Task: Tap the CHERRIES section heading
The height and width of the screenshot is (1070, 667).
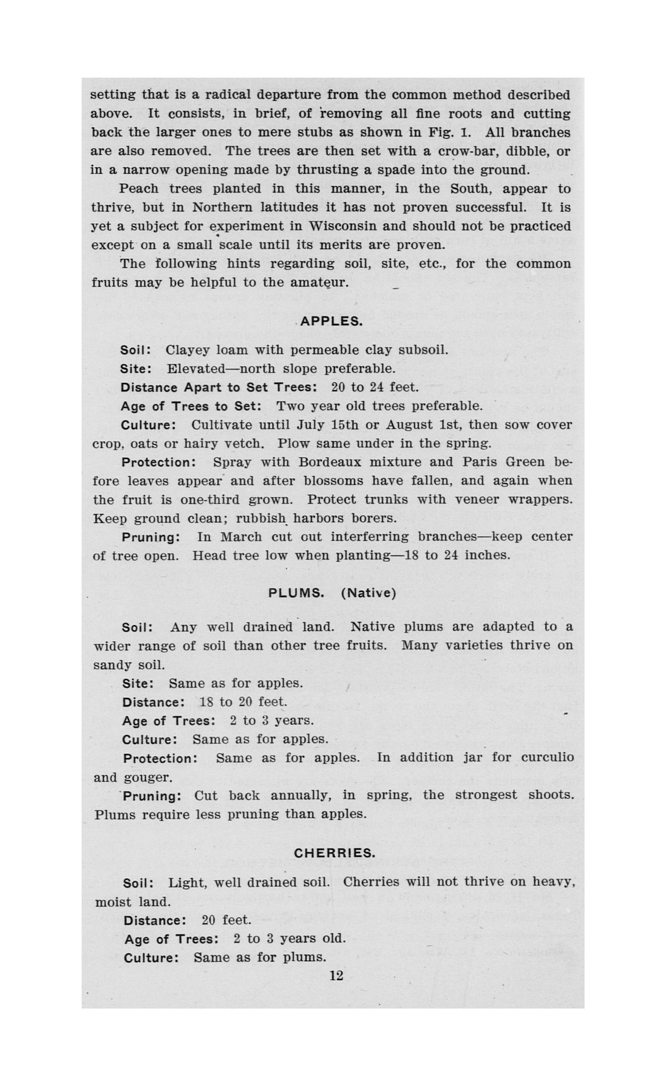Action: pyautogui.click(x=334, y=853)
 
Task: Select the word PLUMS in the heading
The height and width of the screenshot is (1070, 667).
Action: pyautogui.click(x=296, y=592)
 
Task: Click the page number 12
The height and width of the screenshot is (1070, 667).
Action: pyautogui.click(x=336, y=975)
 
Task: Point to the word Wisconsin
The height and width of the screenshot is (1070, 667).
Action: pyautogui.click(x=342, y=226)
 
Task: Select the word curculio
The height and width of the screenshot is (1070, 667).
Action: pyautogui.click(x=547, y=757)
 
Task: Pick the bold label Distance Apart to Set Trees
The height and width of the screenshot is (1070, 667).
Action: pyautogui.click(x=219, y=387)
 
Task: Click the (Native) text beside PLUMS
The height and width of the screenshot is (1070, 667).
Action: pyautogui.click(x=368, y=592)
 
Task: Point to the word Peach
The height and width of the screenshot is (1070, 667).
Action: pyautogui.click(x=139, y=189)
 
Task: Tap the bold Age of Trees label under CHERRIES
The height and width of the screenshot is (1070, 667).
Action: pyautogui.click(x=171, y=939)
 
